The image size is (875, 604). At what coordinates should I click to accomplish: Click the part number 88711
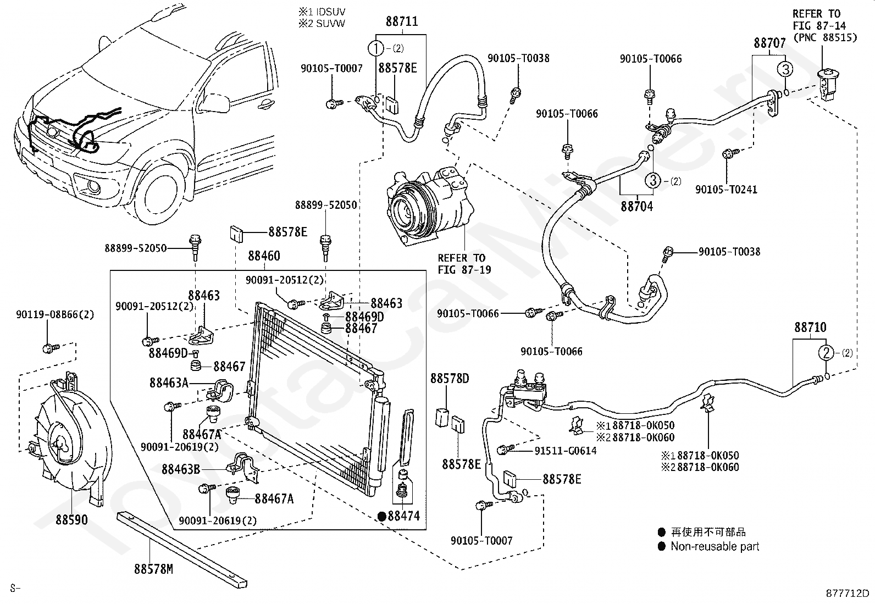click(x=401, y=22)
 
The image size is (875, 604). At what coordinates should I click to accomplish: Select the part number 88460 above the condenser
click(x=264, y=256)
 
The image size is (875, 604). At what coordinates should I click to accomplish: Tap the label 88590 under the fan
click(x=71, y=519)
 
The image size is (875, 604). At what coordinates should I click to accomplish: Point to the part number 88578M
click(x=153, y=569)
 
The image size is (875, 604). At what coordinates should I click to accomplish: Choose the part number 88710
click(x=810, y=328)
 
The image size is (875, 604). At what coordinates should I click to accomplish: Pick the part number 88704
click(x=637, y=207)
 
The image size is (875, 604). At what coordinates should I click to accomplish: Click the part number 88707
click(x=769, y=43)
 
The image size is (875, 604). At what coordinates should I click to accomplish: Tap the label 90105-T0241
click(x=726, y=190)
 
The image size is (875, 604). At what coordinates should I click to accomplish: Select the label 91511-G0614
click(x=565, y=451)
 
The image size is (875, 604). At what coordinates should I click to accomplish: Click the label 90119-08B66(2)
click(x=55, y=315)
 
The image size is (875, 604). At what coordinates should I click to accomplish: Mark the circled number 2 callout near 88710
click(x=827, y=353)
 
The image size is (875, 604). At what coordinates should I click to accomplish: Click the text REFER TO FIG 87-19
click(x=462, y=264)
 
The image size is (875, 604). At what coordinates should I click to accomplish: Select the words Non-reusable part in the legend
click(x=715, y=547)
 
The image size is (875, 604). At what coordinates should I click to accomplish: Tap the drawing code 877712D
click(x=848, y=594)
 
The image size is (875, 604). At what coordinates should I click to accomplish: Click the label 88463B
click(x=180, y=469)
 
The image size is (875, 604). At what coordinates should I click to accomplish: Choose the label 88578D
click(x=450, y=379)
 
